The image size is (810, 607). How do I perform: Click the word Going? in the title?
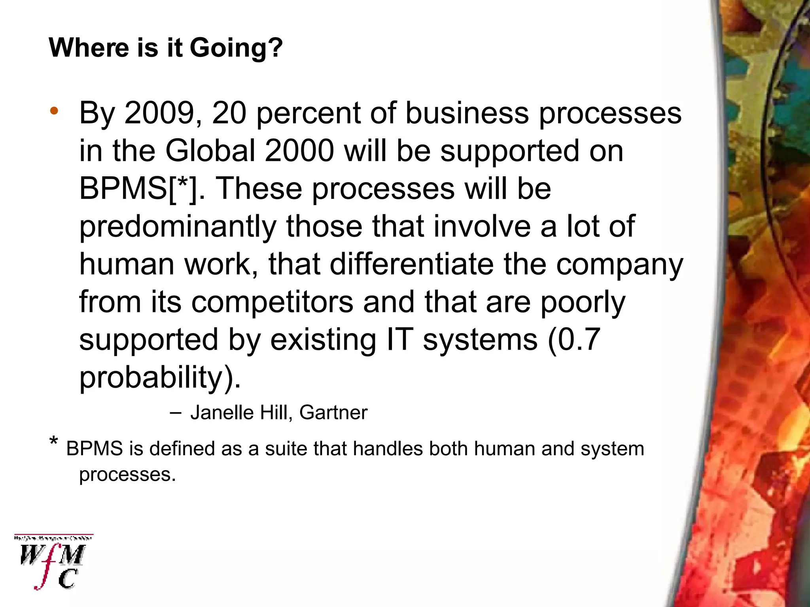point(236,48)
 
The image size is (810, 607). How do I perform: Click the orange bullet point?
point(54,111)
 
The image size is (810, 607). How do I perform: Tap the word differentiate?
point(411,264)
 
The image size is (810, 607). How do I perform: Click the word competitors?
point(272,302)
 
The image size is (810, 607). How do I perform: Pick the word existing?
point(323,340)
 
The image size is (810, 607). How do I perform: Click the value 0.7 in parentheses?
point(579,340)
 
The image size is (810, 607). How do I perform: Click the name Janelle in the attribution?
point(222,413)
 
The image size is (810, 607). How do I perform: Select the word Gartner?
point(333,413)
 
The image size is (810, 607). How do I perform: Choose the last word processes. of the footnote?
point(127,474)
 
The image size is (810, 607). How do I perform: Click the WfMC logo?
point(53,562)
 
